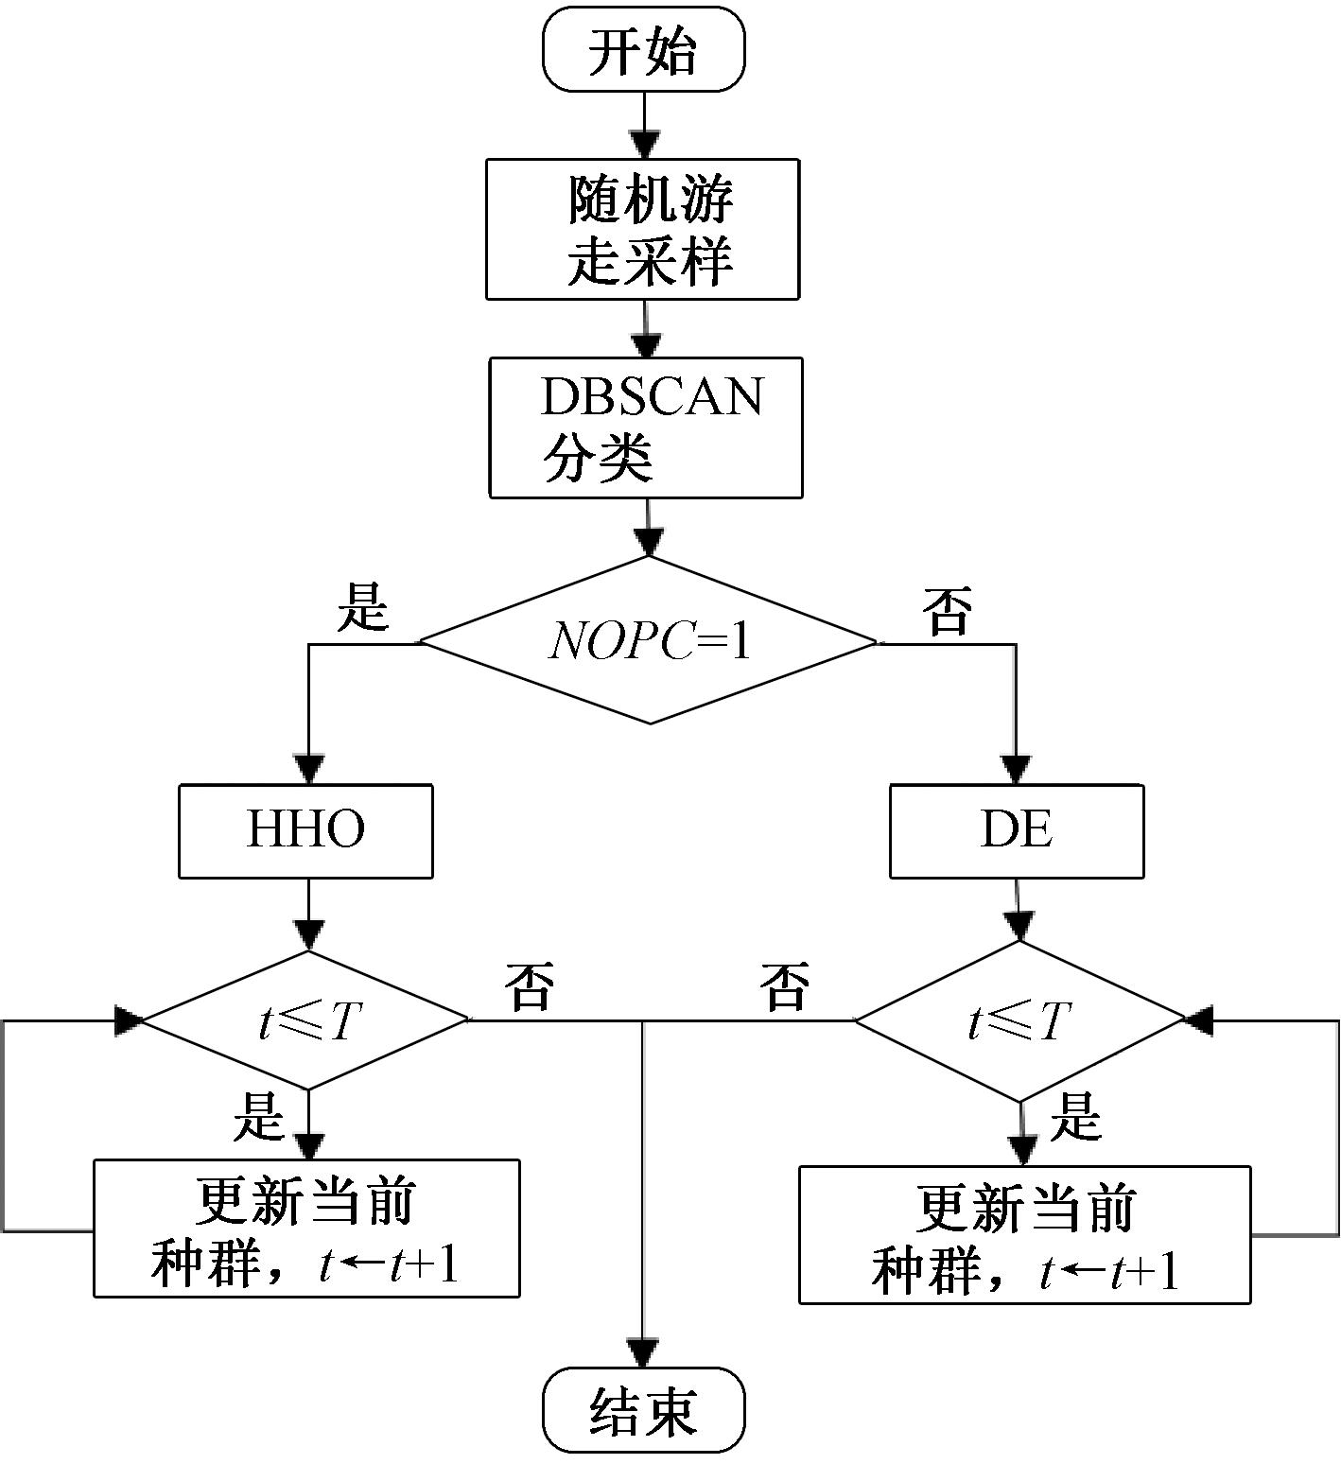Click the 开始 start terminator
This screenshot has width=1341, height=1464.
click(644, 50)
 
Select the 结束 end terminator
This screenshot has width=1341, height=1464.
click(644, 1410)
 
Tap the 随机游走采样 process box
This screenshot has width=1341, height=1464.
click(643, 229)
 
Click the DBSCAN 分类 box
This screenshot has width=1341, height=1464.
click(646, 427)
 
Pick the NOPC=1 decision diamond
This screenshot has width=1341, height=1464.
click(649, 641)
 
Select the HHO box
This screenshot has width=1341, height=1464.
click(306, 830)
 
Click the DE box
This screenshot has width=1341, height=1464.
click(1017, 830)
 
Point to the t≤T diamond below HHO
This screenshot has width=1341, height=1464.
click(305, 1020)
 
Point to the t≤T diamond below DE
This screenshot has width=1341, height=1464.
click(1019, 1021)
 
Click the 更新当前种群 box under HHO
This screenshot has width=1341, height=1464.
click(306, 1228)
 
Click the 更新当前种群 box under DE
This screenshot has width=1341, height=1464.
click(1024, 1235)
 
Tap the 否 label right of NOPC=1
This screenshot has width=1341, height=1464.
click(947, 612)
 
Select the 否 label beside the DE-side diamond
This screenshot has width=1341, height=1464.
click(784, 987)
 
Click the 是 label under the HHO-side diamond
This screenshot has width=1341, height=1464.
click(258, 1116)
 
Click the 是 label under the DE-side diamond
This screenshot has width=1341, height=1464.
click(1075, 1116)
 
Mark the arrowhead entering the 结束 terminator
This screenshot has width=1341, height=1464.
click(643, 1353)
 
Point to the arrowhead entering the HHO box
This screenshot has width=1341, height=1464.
click(308, 769)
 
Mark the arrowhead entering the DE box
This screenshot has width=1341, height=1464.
click(1017, 769)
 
